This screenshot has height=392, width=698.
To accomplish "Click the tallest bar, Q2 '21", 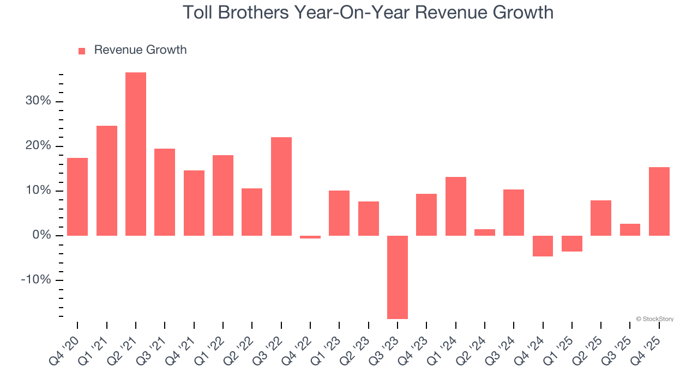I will pyautogui.click(x=136, y=154).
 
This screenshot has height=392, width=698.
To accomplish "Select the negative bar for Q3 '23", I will pyautogui.click(x=398, y=277).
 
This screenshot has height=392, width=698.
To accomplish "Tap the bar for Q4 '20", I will pyautogui.click(x=77, y=197).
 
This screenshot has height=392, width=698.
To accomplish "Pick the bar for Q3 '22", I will pyautogui.click(x=281, y=186).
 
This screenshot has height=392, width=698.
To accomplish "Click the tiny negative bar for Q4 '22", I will pyautogui.click(x=310, y=237).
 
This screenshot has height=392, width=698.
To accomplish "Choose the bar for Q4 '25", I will pyautogui.click(x=659, y=201).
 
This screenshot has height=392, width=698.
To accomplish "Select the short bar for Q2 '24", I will pyautogui.click(x=485, y=232).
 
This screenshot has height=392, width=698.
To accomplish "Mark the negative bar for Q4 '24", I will pyautogui.click(x=543, y=246).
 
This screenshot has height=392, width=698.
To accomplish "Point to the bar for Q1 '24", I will pyautogui.click(x=456, y=206).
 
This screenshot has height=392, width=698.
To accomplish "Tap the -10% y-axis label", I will pyautogui.click(x=36, y=280).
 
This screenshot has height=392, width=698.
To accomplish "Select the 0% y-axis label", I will pyautogui.click(x=41, y=235).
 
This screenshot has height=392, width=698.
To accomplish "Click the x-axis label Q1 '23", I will pyautogui.click(x=327, y=351).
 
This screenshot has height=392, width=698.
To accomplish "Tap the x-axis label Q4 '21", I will pyautogui.click(x=181, y=351).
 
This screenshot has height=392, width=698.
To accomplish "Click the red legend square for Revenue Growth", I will pyautogui.click(x=82, y=51).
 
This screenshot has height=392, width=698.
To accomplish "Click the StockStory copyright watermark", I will pyautogui.click(x=654, y=319).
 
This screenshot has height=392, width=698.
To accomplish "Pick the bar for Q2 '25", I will pyautogui.click(x=601, y=218).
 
